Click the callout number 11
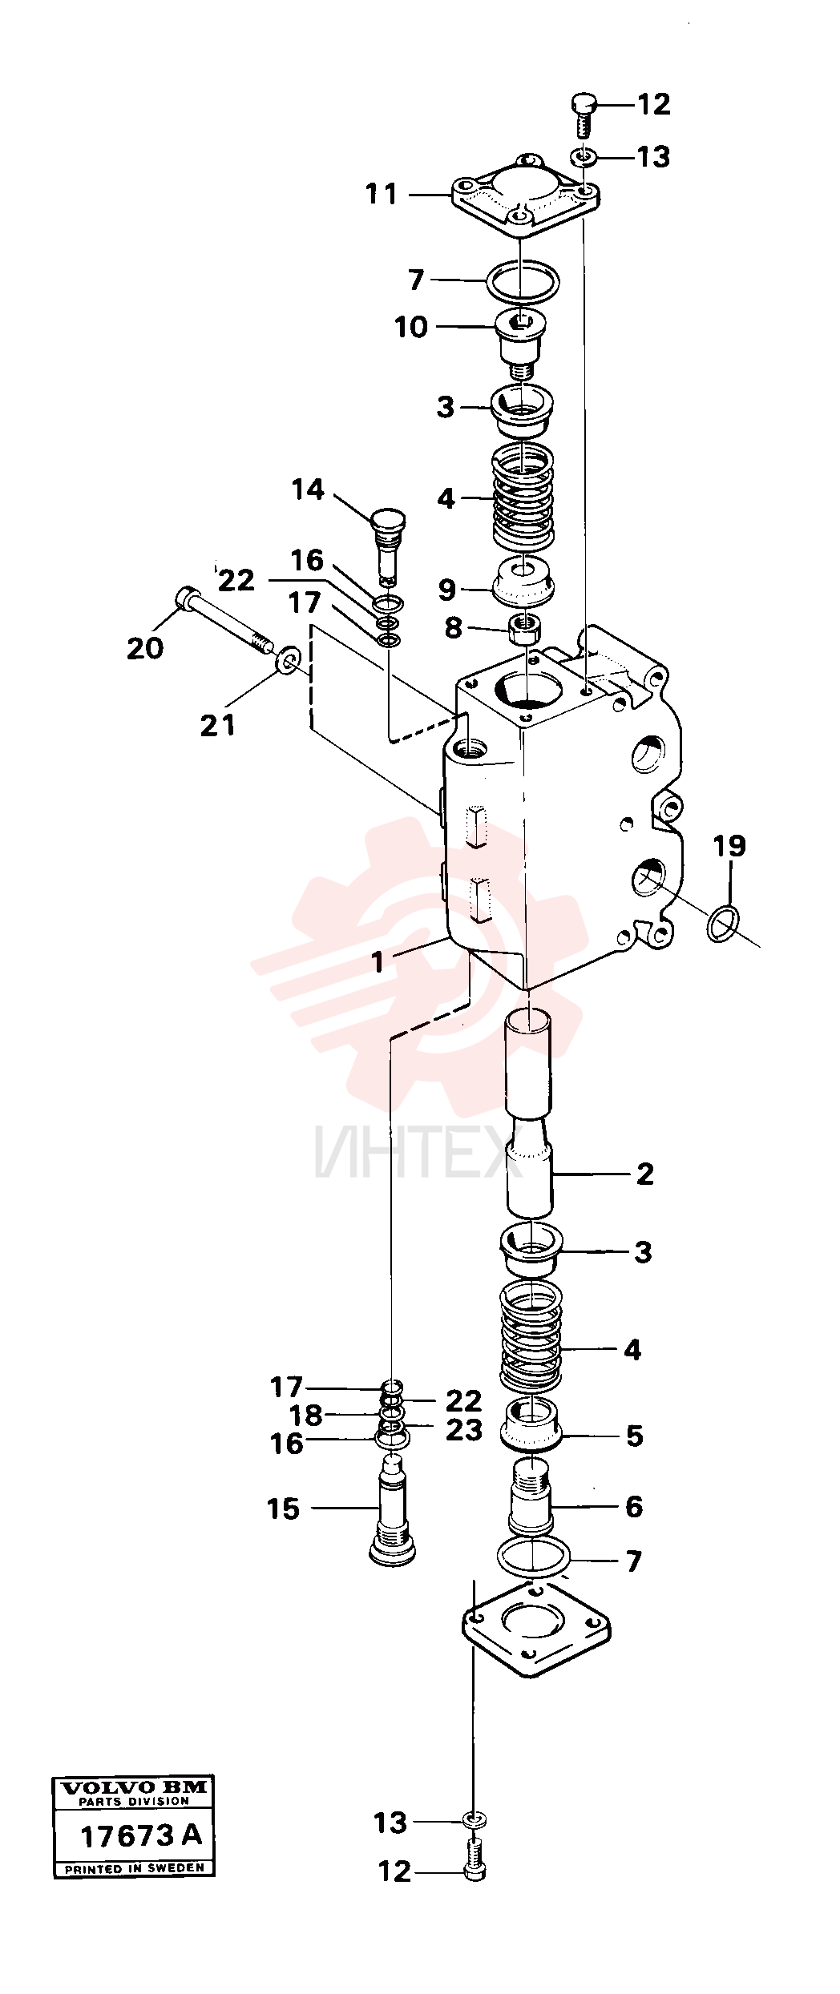click(382, 195)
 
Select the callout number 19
click(729, 846)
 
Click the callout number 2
click(644, 1174)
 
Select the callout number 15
click(283, 1509)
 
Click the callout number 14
click(308, 489)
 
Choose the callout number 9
click(446, 590)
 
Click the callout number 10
click(410, 328)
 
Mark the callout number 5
click(634, 1436)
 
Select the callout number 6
click(633, 1507)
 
